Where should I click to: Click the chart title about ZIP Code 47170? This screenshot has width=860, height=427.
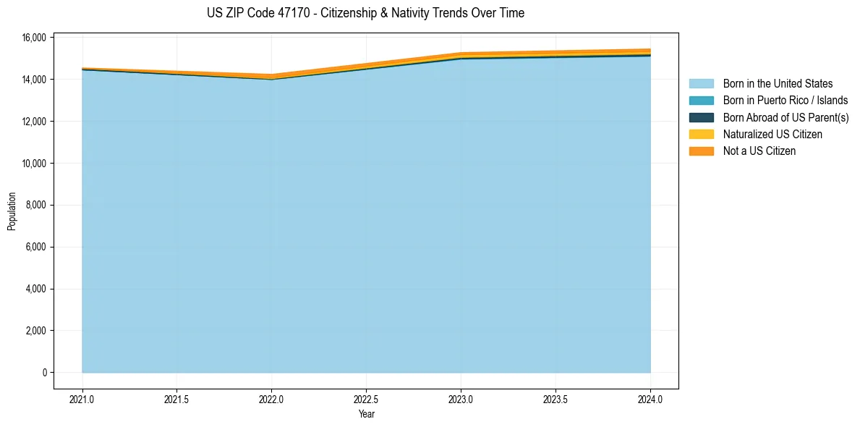[365, 13]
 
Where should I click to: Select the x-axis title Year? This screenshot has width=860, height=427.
[366, 414]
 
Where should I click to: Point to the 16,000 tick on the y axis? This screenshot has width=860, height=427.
[35, 37]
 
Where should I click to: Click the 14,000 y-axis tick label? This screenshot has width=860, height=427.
[35, 79]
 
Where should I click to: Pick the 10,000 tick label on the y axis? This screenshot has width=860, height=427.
[35, 163]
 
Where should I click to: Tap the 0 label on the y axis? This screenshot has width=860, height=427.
[44, 373]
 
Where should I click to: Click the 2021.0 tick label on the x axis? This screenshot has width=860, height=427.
[82, 399]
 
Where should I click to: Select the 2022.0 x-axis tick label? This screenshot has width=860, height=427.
[272, 399]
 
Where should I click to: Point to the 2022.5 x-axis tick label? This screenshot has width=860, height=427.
[366, 399]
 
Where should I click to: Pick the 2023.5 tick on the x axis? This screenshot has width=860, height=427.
[555, 399]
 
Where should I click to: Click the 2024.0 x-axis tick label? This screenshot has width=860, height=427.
[650, 399]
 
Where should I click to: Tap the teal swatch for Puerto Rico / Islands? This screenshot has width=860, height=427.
[701, 101]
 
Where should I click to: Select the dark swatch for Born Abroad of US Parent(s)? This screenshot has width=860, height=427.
[701, 117]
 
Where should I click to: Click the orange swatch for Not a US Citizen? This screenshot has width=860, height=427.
[701, 151]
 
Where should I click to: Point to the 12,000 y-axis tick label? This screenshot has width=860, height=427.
[35, 121]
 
